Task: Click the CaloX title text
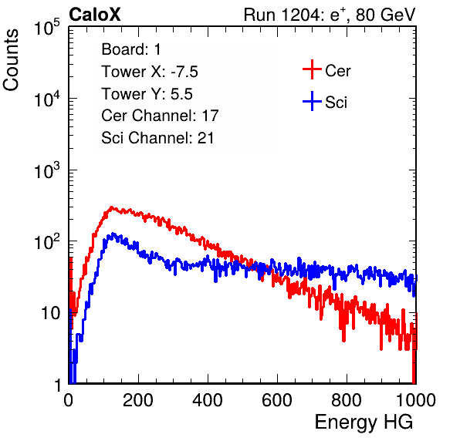[x=95, y=15]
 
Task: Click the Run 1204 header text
[x=330, y=15]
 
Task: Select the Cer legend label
[x=337, y=71]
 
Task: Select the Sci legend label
[x=336, y=103]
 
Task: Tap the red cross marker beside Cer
[x=312, y=69]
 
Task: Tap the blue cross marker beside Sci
[x=312, y=101]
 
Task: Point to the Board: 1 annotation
[x=131, y=49]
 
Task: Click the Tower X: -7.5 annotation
[x=150, y=72]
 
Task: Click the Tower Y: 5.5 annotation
[x=147, y=94]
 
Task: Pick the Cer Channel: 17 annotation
[x=160, y=116]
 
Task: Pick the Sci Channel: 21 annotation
[x=157, y=138]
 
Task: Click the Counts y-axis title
[x=11, y=60]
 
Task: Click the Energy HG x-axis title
[x=364, y=422]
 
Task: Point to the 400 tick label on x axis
[x=208, y=400]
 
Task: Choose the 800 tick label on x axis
[x=347, y=400]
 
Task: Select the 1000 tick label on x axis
[x=416, y=400]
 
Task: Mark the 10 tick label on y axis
[x=50, y=313]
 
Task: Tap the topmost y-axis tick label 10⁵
[x=47, y=28]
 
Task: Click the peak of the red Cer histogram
[x=111, y=207]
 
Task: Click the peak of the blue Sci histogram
[x=113, y=234]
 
